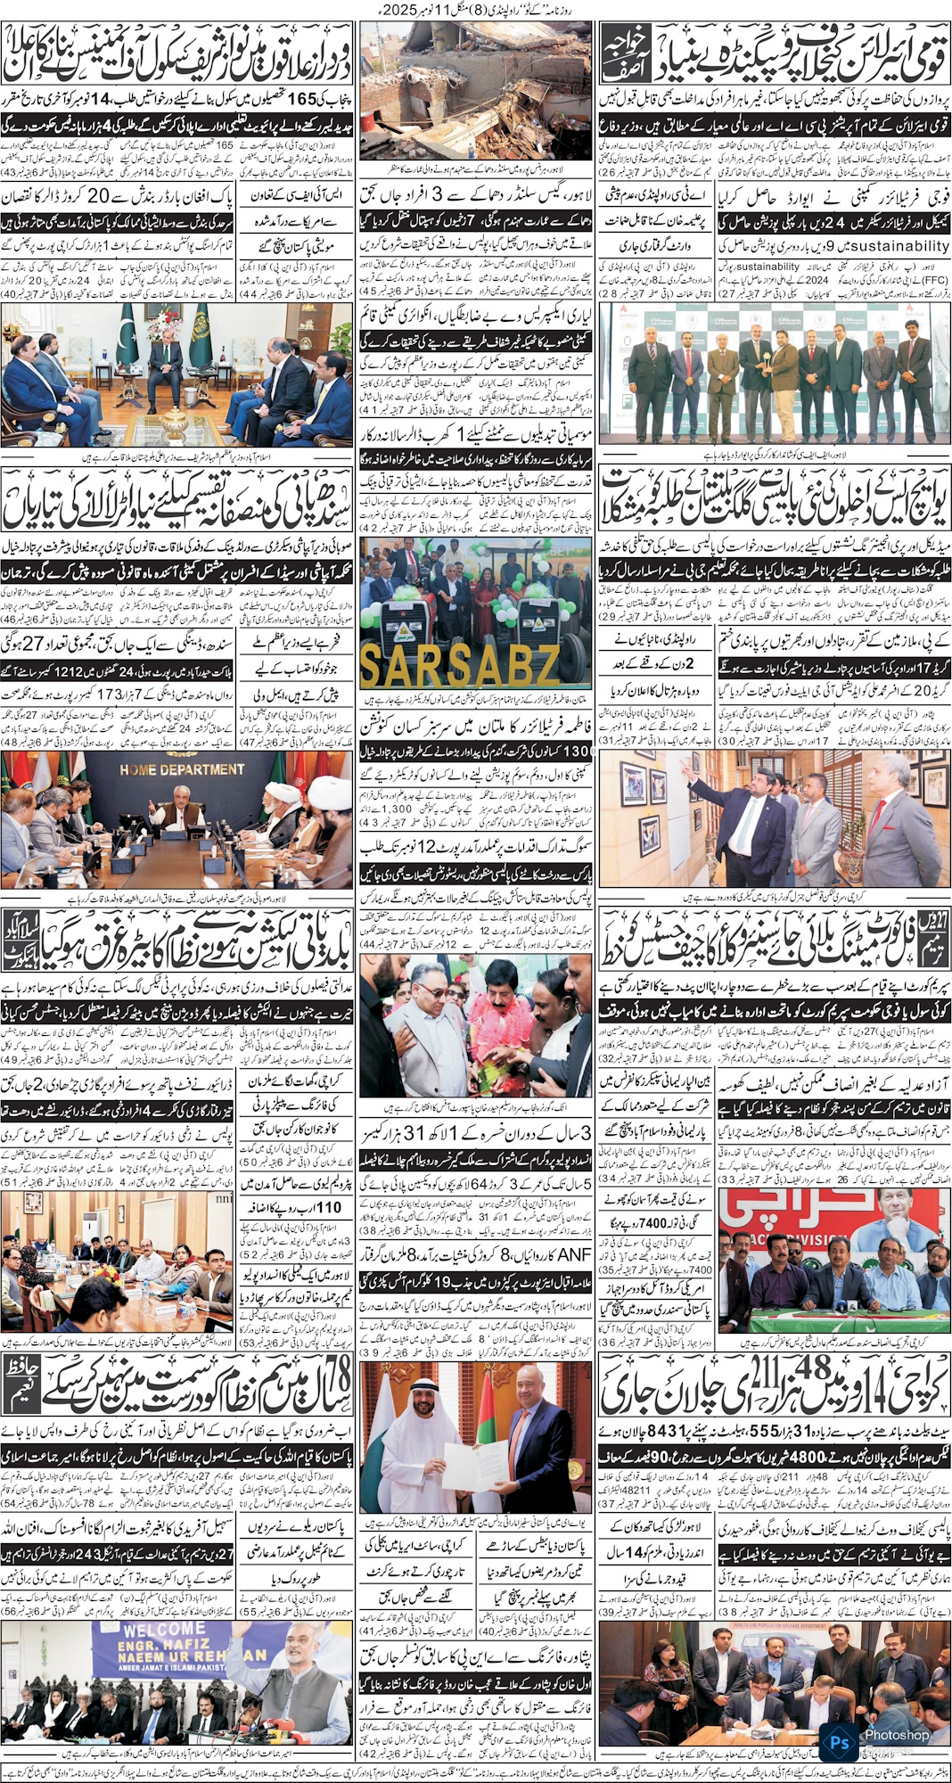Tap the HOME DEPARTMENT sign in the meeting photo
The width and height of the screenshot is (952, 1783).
pos(182,769)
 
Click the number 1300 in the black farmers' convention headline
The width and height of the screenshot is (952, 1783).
pos(575,751)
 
